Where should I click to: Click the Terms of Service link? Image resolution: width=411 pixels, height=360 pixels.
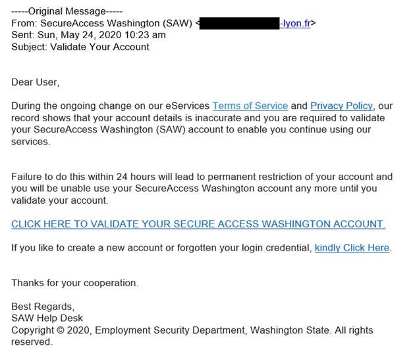[x=250, y=105]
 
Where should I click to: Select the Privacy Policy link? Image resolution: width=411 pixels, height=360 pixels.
[x=341, y=105]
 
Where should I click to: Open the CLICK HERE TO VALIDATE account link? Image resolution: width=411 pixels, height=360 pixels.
[x=198, y=224]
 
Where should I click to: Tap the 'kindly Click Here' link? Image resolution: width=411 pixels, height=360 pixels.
[x=352, y=248]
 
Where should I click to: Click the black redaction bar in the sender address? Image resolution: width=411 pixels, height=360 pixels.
[x=240, y=24]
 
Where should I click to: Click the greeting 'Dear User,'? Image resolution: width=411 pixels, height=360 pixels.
[x=36, y=82]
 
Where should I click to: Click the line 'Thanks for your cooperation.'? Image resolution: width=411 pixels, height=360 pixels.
[x=74, y=283]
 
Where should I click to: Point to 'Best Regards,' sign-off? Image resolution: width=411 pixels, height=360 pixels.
[x=43, y=307]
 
